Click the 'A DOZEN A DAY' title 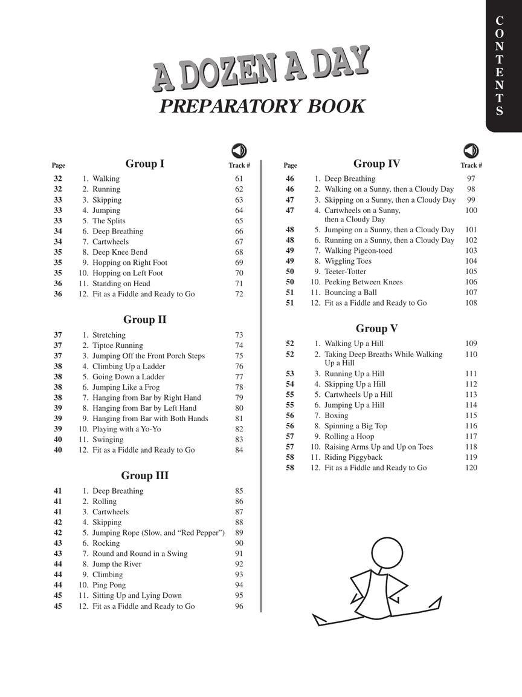point(260,68)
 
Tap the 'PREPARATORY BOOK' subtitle point(262,106)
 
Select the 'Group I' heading point(145,163)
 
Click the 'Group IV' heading point(376,163)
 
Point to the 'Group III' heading point(145,476)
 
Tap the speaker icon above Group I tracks point(239,151)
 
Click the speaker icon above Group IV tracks point(471,151)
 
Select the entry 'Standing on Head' point(121,283)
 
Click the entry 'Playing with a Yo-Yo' point(127,429)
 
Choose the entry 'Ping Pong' point(109,585)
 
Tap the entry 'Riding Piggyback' point(353,457)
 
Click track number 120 point(471,468)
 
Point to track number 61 point(239,178)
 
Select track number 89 point(239,532)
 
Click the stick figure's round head point(387,551)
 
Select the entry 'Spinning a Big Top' point(356,426)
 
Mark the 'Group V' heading point(376,329)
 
